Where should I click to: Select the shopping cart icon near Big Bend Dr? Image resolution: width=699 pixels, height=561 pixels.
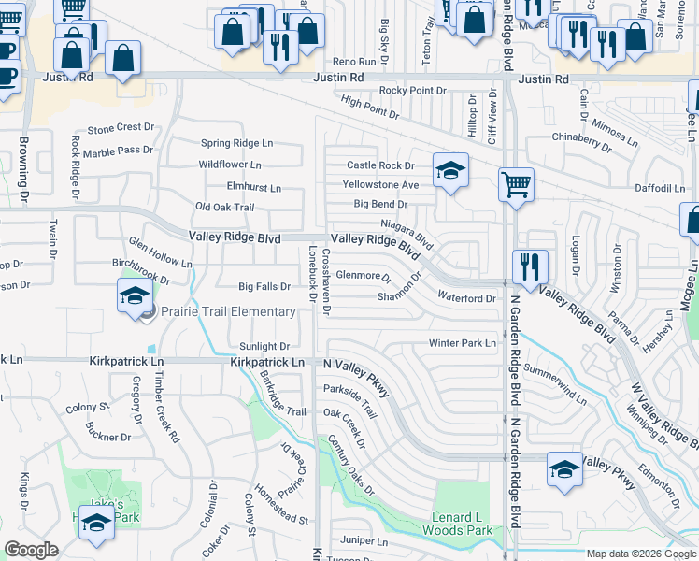coord(515,184)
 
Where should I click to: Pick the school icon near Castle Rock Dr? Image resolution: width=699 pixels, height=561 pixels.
coord(449,171)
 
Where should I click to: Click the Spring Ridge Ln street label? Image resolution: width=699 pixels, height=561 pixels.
coord(237,143)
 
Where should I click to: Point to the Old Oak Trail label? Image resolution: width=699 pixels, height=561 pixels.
coord(224,207)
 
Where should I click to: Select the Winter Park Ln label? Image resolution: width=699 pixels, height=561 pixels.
coord(463,343)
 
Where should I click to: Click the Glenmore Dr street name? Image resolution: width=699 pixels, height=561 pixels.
coord(364,276)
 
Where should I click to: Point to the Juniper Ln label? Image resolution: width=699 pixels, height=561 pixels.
coord(364,540)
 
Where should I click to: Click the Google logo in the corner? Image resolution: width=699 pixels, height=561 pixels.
coord(31,550)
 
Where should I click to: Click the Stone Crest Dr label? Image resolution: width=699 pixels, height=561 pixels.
coord(121,127)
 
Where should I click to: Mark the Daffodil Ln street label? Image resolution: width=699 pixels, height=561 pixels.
coord(659,188)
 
